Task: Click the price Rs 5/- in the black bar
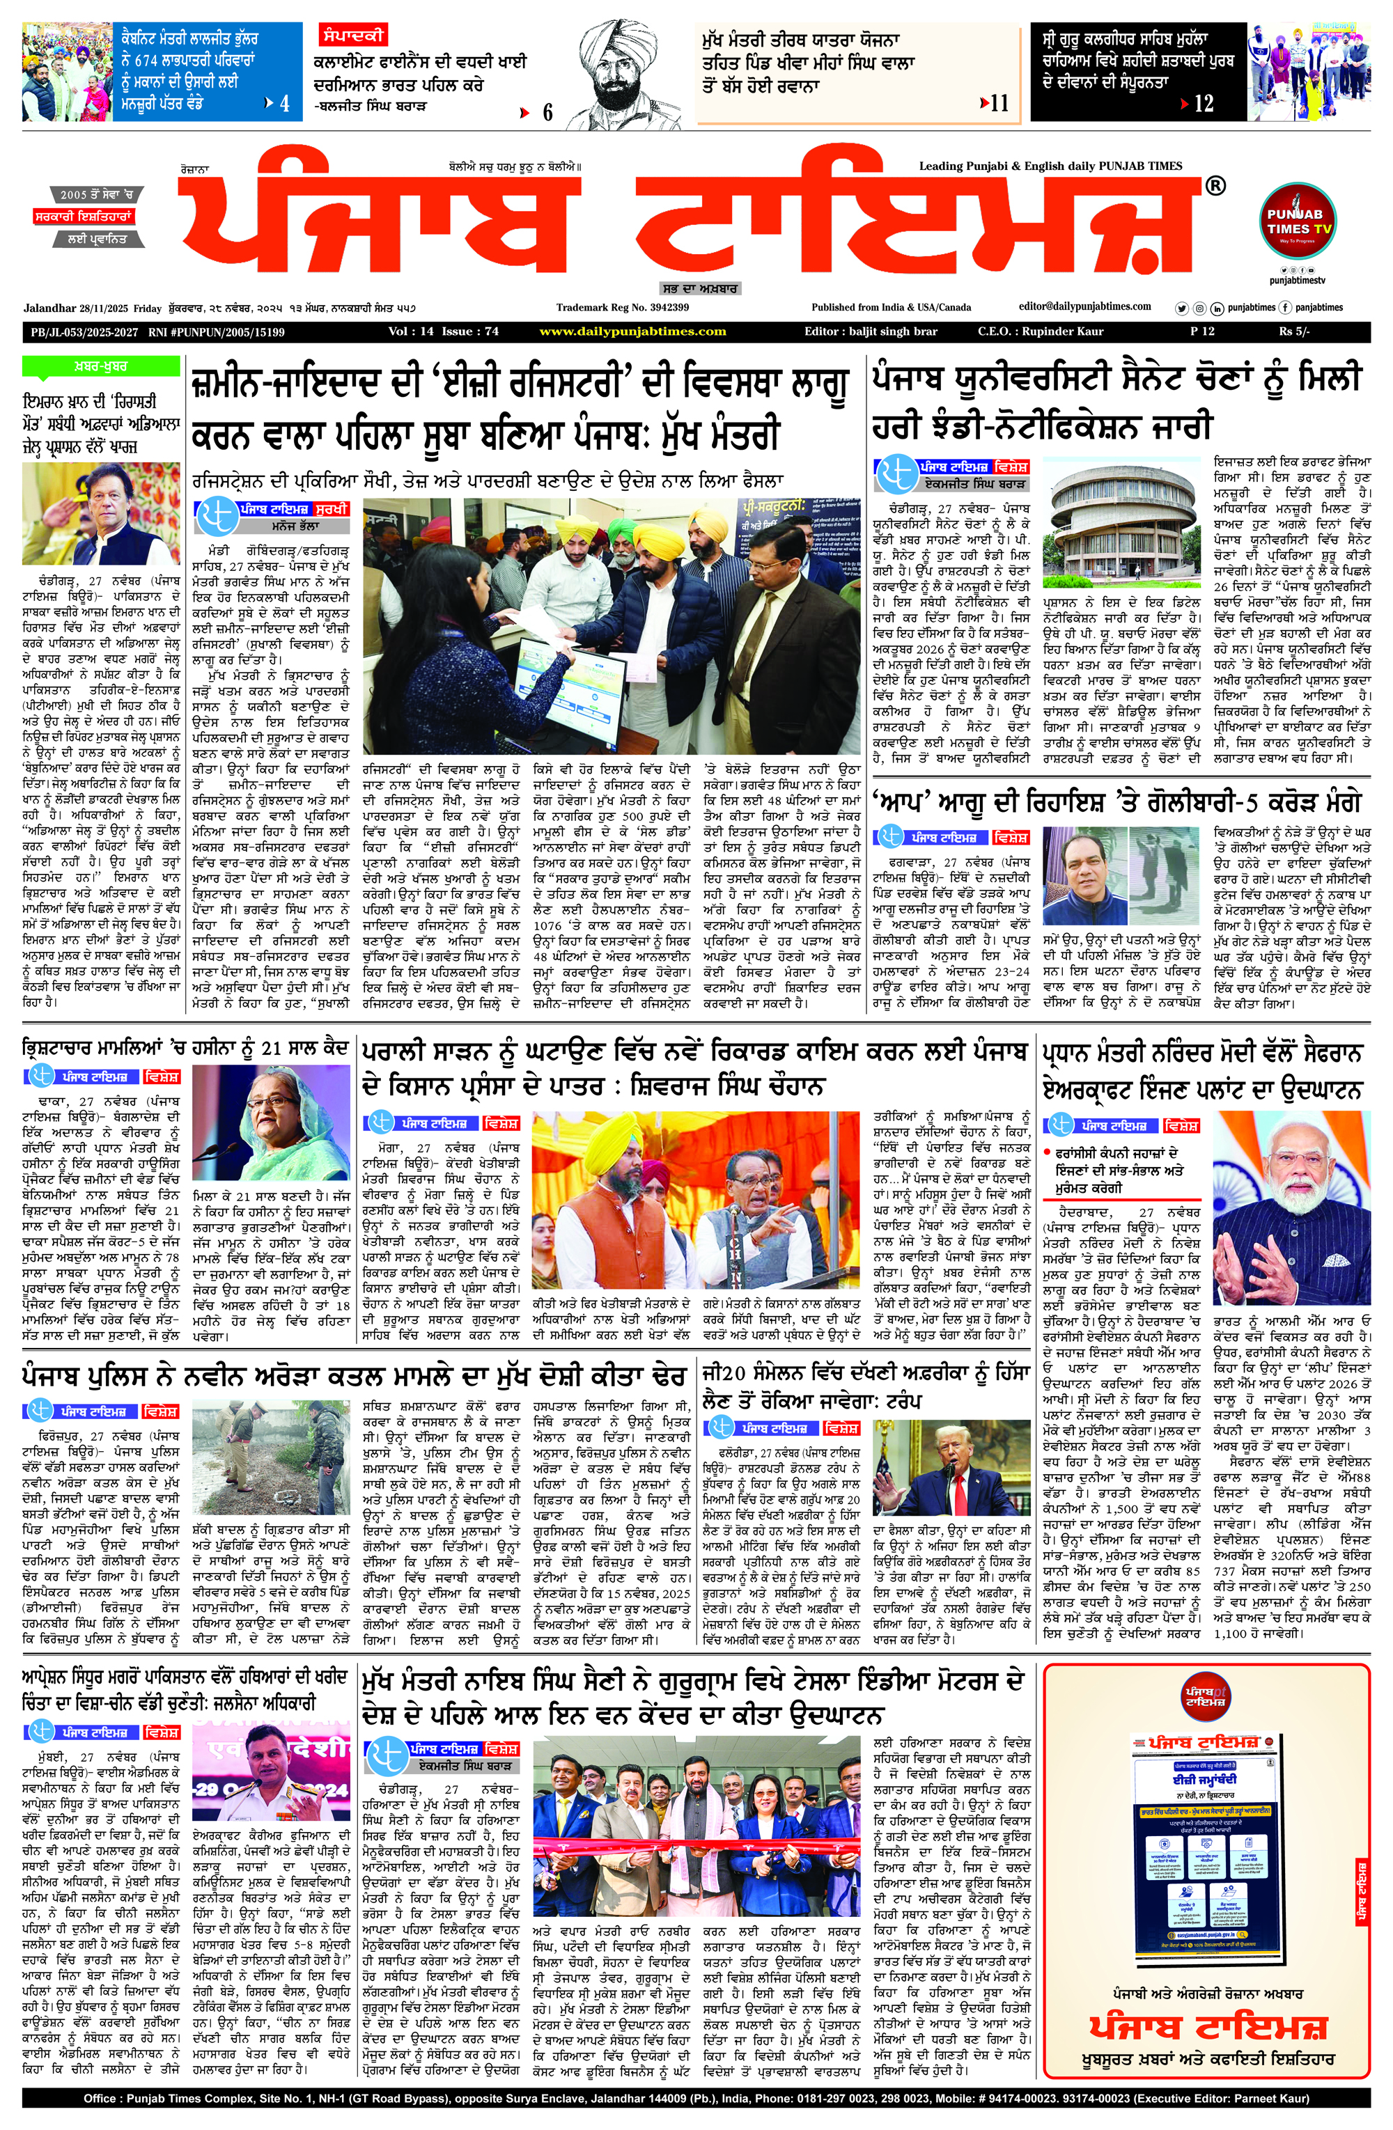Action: click(x=1293, y=331)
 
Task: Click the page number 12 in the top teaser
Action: click(x=1204, y=104)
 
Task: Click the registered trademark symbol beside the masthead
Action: click(x=1215, y=186)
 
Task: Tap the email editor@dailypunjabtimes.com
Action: click(x=1085, y=307)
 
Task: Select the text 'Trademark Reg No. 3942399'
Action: click(x=622, y=307)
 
